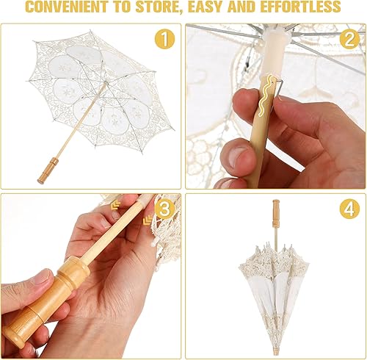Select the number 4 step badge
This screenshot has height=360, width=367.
349,210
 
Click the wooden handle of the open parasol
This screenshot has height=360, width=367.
48,170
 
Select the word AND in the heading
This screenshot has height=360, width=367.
258,8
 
